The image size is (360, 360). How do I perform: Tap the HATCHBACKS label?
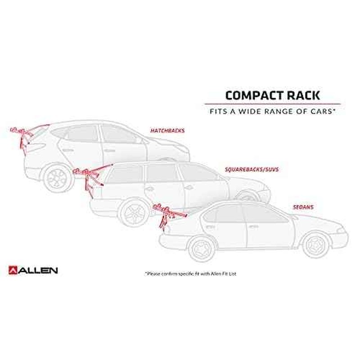tap(167, 130)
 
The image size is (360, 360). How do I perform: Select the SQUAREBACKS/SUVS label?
tap(252, 170)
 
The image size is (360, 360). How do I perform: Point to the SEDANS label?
tap(303, 207)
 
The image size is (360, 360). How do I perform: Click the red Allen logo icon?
tap(13, 270)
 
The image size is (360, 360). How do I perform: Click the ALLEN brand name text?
tap(38, 270)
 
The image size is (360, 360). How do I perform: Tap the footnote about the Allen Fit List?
tap(190, 274)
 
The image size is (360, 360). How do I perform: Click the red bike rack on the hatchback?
tap(25, 137)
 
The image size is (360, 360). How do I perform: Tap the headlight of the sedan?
tap(341, 230)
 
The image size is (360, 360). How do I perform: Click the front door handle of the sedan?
tap(253, 227)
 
